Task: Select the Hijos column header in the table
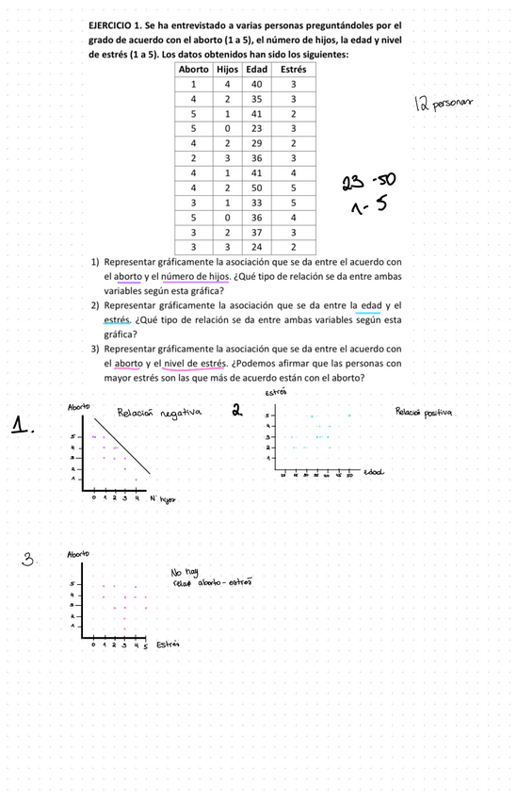pos(227,70)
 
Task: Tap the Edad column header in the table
pos(256,70)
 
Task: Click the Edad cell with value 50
pos(256,188)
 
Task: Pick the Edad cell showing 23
pos(256,128)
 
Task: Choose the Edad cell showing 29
pos(256,143)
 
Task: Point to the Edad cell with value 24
pos(256,247)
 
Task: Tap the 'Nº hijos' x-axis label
pos(164,500)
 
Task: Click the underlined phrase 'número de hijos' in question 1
pos(194,276)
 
